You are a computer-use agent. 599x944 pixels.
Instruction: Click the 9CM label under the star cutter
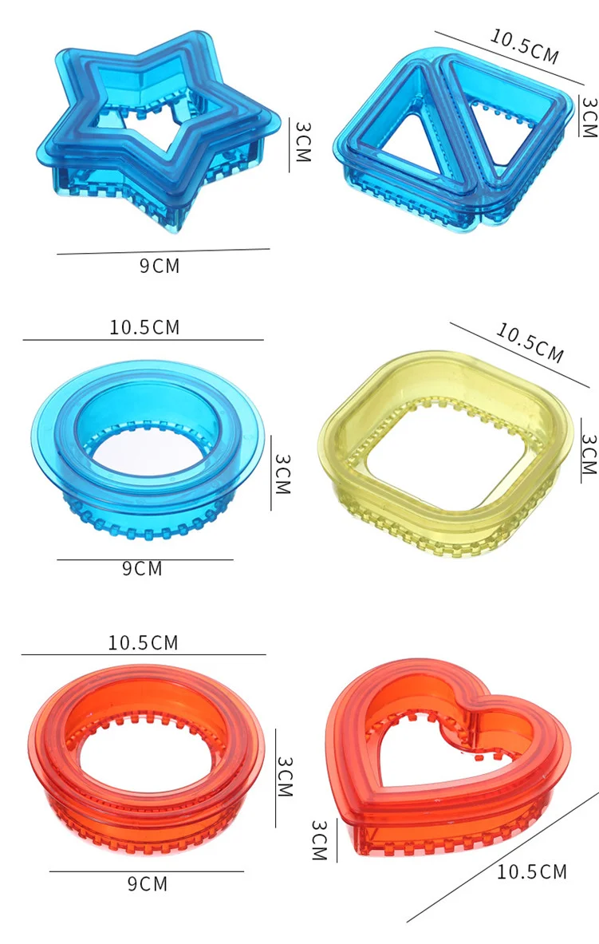[160, 266]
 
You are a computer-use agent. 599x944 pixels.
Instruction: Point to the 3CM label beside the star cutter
[303, 141]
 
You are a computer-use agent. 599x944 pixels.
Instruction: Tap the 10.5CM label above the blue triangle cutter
[524, 45]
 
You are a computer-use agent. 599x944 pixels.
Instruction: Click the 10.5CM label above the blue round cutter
[144, 327]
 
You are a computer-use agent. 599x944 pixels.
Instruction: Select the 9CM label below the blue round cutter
[142, 568]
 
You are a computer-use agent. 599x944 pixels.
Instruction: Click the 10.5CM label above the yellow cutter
[530, 342]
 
